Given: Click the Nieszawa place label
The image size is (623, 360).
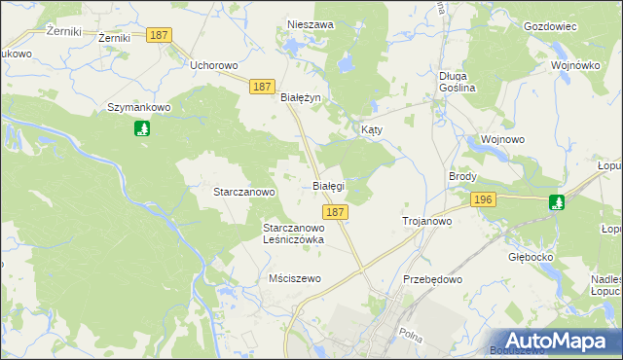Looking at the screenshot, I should [311, 24].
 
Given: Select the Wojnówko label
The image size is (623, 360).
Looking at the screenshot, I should [573, 65].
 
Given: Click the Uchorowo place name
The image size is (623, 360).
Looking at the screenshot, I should [215, 65].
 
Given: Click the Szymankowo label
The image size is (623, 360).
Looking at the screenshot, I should [139, 107].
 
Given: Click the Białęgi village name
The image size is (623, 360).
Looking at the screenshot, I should [328, 185].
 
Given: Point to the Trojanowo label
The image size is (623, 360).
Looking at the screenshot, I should [427, 222].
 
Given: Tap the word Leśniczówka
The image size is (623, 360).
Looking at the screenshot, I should [294, 238].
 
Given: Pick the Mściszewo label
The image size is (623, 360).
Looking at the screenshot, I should [295, 278].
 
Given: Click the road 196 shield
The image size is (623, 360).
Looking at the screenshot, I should [483, 199].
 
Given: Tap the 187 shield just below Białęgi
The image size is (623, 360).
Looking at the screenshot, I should [335, 211].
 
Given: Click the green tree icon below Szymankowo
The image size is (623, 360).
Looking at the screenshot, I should [142, 127].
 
